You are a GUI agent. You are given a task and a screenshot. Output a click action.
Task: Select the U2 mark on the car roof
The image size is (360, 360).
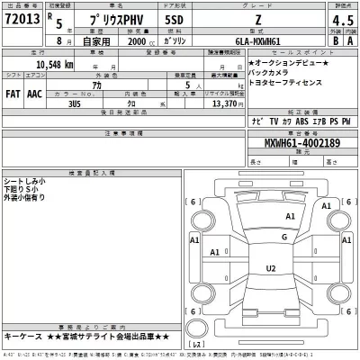(x=270, y=269)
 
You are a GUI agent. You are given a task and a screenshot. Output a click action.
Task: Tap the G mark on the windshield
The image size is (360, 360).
(x=284, y=237)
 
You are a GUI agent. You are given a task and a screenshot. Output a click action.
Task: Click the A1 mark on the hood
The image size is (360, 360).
(x=290, y=217)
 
